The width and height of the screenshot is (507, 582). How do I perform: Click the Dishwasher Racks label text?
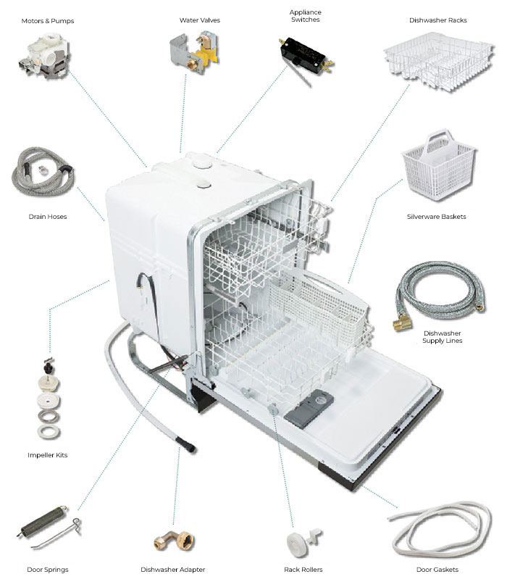pyautogui.click(x=437, y=20)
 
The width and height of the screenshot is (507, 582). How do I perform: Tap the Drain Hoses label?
pyautogui.click(x=48, y=216)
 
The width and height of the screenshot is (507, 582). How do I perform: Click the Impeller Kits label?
pyautogui.click(x=47, y=455)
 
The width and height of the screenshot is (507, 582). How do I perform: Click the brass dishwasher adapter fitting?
pyautogui.click(x=172, y=540)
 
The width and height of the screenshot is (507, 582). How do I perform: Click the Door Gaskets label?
pyautogui.click(x=437, y=569)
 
